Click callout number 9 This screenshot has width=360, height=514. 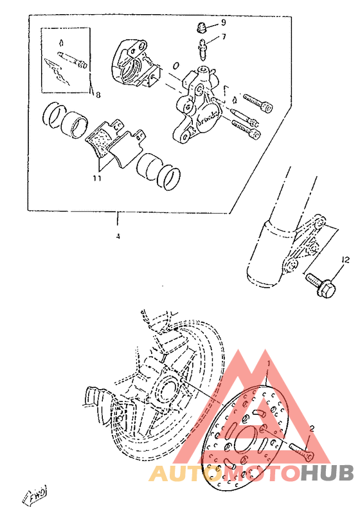click(224, 23)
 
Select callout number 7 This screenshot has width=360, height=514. click(224, 37)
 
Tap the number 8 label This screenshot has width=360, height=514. click(98, 95)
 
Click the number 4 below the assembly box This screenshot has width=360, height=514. click(118, 236)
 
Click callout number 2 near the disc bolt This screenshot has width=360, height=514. click(312, 428)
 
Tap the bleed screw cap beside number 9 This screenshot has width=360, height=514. click(201, 28)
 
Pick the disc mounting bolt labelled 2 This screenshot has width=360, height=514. click(300, 450)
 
